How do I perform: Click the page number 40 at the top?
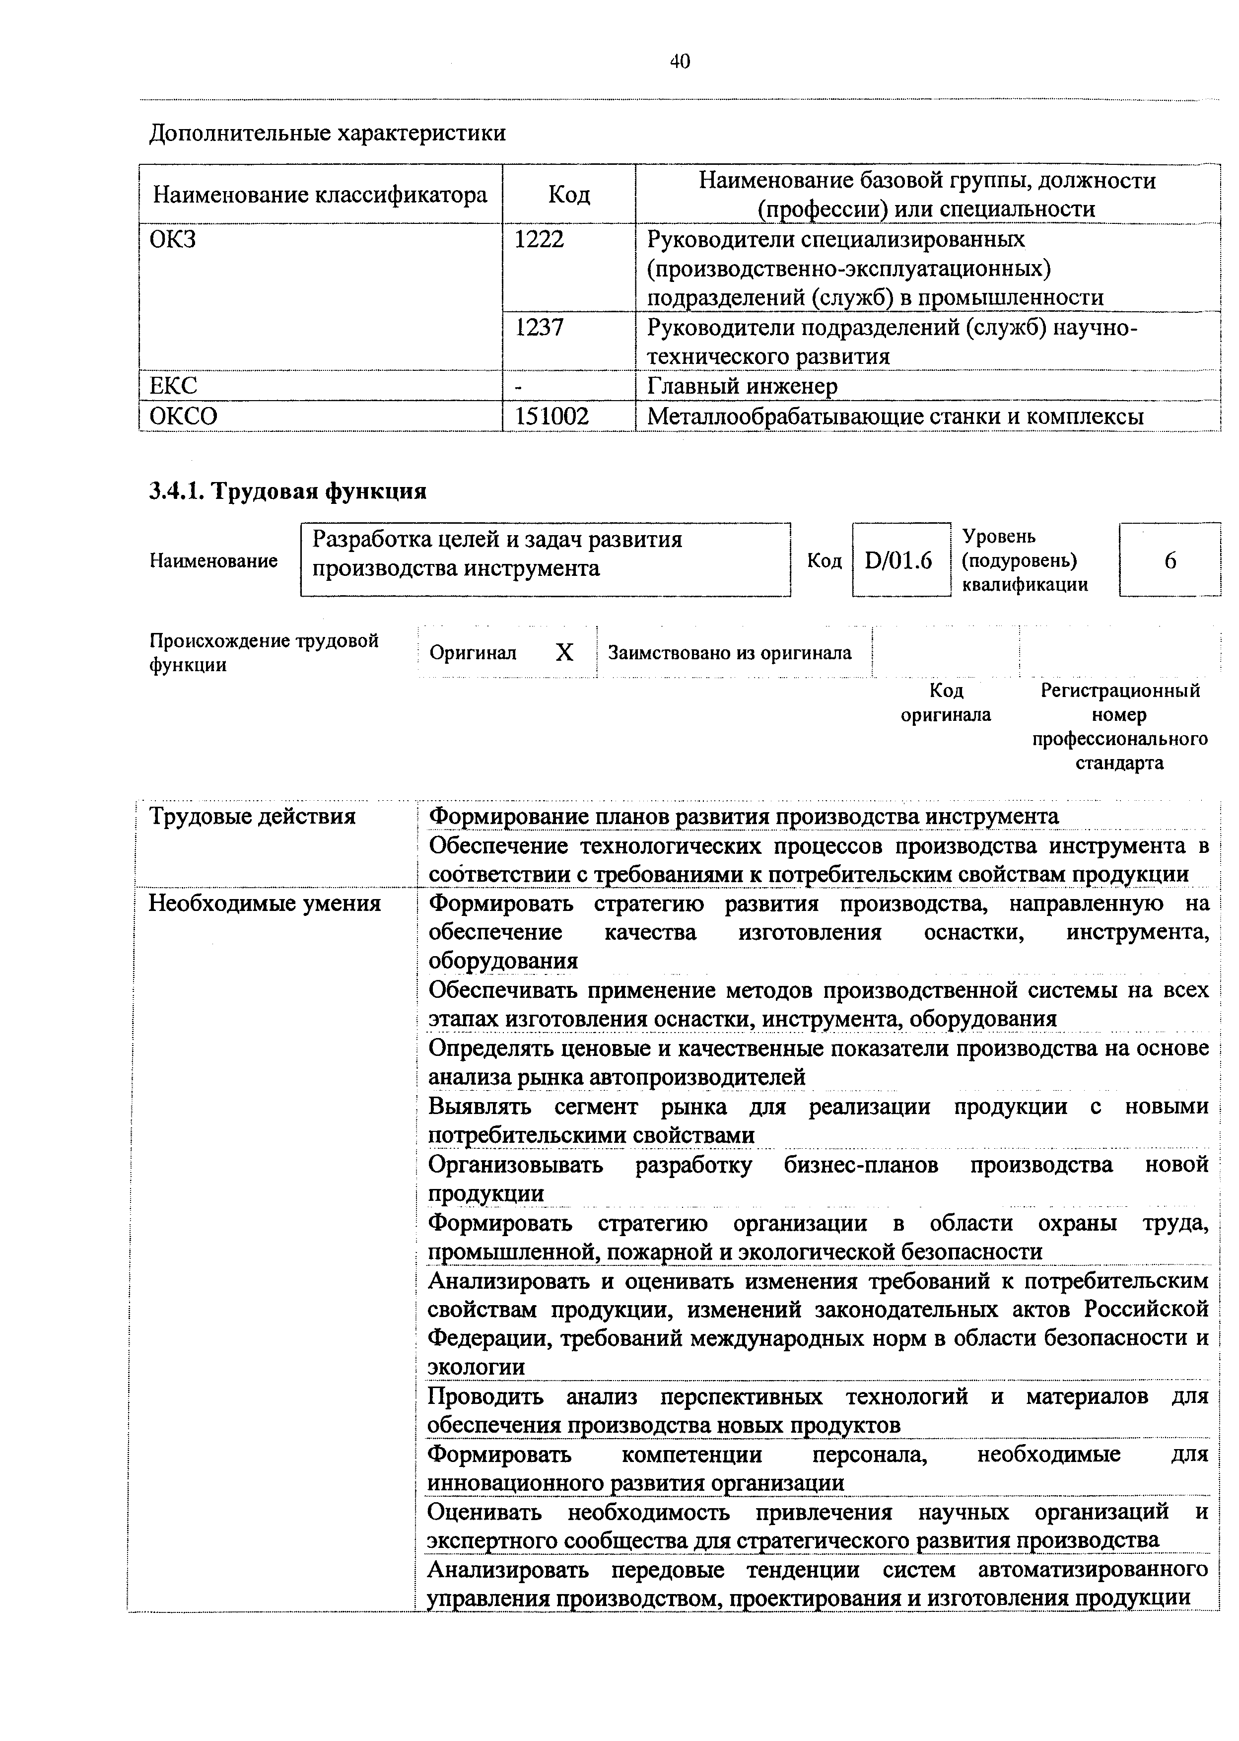click(x=679, y=62)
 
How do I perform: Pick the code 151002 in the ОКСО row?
click(x=551, y=417)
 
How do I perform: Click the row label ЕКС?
click(x=173, y=387)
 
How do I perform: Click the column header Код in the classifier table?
click(x=569, y=195)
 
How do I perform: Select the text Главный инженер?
click(x=742, y=387)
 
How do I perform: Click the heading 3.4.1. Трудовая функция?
click(x=287, y=491)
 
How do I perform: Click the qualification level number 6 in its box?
click(x=1170, y=561)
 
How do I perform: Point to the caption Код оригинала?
click(x=946, y=702)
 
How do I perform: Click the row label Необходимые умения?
click(x=264, y=904)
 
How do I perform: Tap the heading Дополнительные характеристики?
click(x=327, y=134)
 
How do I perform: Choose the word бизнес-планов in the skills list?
click(x=861, y=1165)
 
